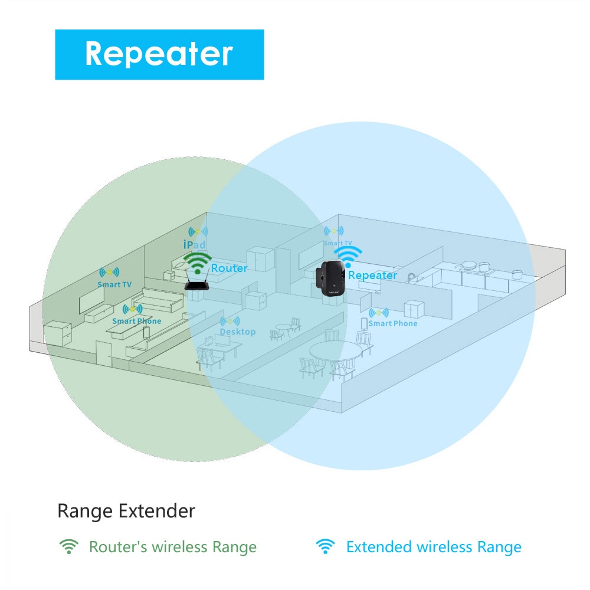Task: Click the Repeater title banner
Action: (159, 54)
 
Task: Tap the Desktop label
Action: (237, 332)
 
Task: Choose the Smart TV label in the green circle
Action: (114, 284)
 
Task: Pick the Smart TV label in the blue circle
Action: (337, 242)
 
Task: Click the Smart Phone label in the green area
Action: (136, 321)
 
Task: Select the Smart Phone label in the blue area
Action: (392, 323)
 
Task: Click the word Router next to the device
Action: (229, 268)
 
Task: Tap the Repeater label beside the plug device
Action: (372, 276)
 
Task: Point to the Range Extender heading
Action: (126, 511)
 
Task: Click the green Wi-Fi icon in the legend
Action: (69, 546)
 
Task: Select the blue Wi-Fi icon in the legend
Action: (324, 546)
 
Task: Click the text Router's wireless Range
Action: (172, 547)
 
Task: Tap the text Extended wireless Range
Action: (434, 547)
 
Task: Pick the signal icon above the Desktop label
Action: (230, 322)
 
